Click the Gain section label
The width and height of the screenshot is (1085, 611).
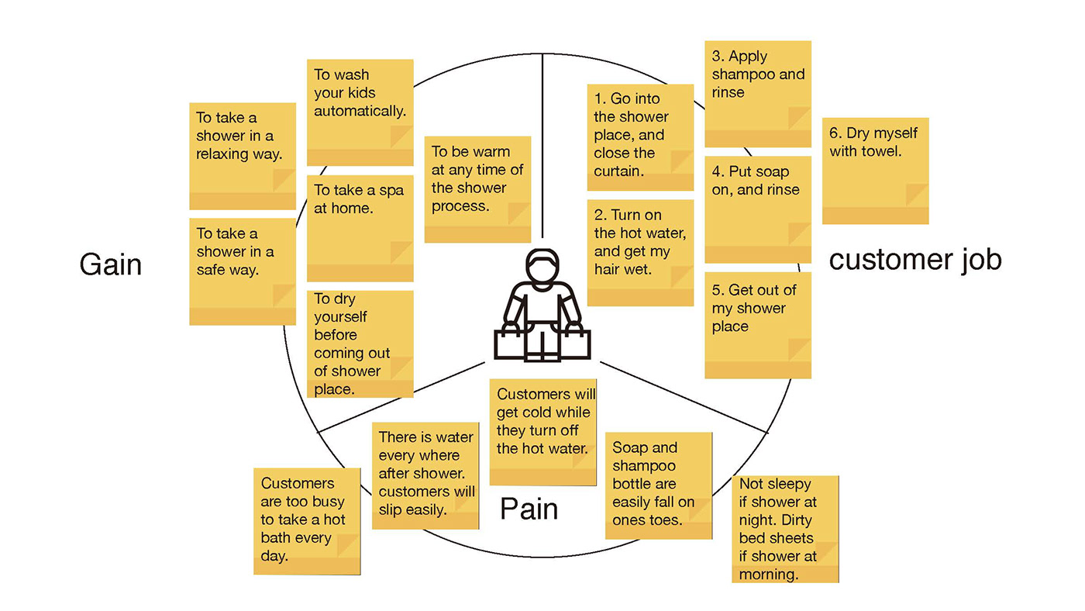(111, 265)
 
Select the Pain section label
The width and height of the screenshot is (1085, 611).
(529, 509)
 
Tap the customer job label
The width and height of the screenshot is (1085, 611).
(915, 260)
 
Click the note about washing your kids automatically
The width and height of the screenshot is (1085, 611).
(360, 112)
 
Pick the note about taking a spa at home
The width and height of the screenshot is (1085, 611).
(360, 228)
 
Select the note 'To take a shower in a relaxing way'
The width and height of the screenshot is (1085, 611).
(243, 155)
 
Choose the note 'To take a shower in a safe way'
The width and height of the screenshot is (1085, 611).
(243, 271)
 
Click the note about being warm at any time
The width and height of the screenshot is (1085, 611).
(477, 189)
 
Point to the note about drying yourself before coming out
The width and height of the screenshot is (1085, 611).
(360, 343)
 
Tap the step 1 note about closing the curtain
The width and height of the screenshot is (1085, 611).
(640, 136)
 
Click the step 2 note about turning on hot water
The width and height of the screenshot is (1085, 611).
(640, 253)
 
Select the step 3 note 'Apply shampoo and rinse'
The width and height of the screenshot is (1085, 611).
(758, 93)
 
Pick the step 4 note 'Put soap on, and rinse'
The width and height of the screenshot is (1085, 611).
(758, 209)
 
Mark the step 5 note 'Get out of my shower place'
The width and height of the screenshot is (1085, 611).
(758, 325)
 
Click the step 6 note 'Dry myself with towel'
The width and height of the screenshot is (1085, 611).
(875, 171)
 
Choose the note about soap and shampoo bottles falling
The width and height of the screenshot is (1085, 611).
(659, 485)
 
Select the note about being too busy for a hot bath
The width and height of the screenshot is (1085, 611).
(307, 520)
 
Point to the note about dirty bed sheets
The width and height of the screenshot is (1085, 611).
(785, 529)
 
